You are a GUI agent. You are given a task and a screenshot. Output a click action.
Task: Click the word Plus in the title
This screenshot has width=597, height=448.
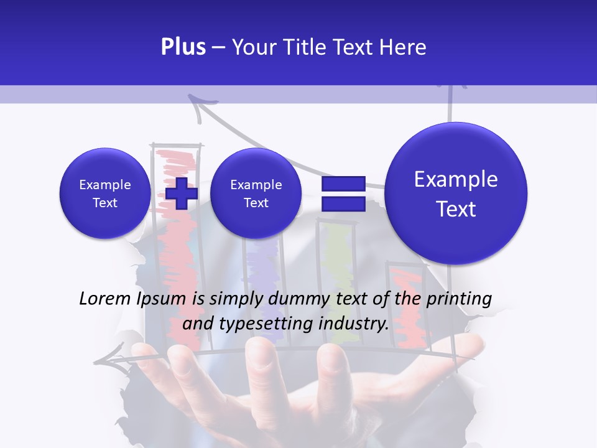183,47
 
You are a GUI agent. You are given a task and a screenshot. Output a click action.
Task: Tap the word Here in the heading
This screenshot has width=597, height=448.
403,47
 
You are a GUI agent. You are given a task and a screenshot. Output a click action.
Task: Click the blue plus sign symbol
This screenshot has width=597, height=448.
181,193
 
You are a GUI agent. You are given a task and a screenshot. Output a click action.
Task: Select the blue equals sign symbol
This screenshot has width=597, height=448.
343,194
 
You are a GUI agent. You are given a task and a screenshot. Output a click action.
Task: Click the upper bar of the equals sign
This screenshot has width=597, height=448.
343,184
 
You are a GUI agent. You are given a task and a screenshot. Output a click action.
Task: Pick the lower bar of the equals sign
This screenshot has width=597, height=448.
343,204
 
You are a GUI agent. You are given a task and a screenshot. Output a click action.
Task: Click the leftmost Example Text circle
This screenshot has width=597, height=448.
105,194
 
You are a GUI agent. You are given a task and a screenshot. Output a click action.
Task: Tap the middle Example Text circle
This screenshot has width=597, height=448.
256,194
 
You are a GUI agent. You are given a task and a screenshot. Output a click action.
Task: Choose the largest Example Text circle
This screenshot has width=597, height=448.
456,194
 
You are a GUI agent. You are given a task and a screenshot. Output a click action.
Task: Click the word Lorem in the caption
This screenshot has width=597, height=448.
104,299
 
